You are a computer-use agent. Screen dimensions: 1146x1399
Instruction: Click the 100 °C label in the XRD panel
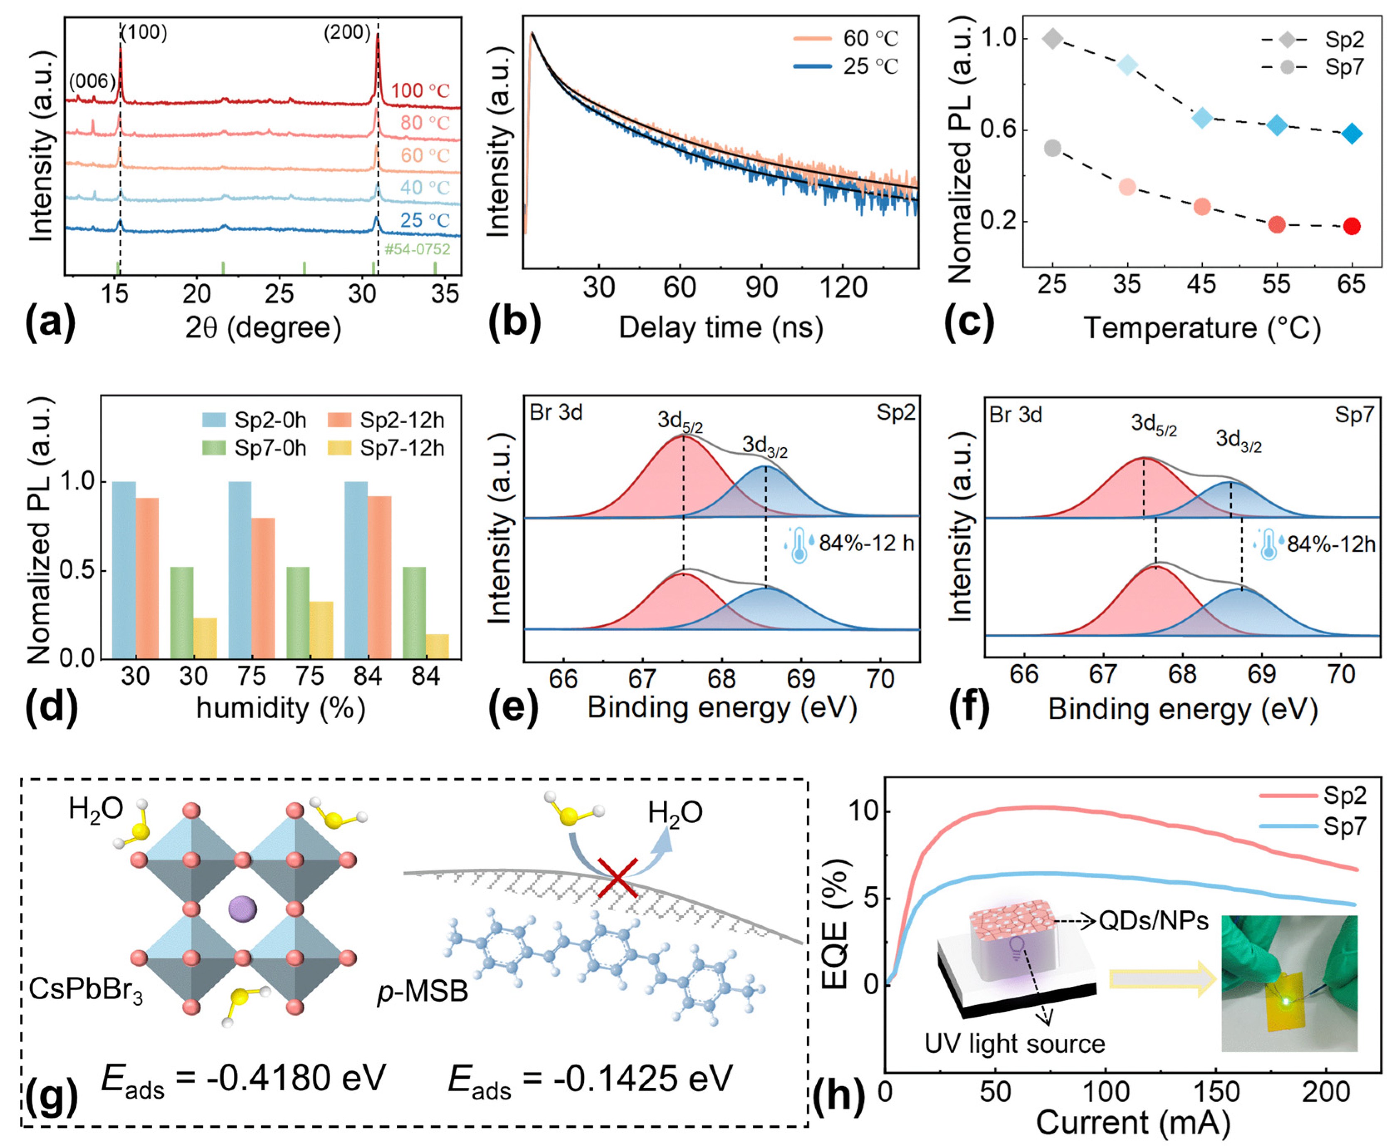pyautogui.click(x=420, y=91)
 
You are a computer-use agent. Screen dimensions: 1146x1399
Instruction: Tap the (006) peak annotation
pyautogui.click(x=92, y=82)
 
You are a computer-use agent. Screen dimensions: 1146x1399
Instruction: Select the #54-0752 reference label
pyautogui.click(x=418, y=249)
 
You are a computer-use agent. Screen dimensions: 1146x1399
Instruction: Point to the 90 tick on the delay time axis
pyautogui.click(x=761, y=288)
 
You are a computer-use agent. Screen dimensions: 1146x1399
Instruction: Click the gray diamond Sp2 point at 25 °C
pyautogui.click(x=1053, y=39)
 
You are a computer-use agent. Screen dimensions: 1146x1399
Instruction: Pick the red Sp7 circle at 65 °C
pyautogui.click(x=1352, y=227)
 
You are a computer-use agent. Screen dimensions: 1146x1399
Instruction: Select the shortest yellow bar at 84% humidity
pyautogui.click(x=437, y=646)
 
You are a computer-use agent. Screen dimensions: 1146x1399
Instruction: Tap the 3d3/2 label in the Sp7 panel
pyautogui.click(x=1238, y=440)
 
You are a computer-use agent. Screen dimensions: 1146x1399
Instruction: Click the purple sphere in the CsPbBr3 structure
pyautogui.click(x=242, y=909)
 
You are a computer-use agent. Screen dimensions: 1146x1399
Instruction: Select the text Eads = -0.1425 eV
pyautogui.click(x=590, y=1080)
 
